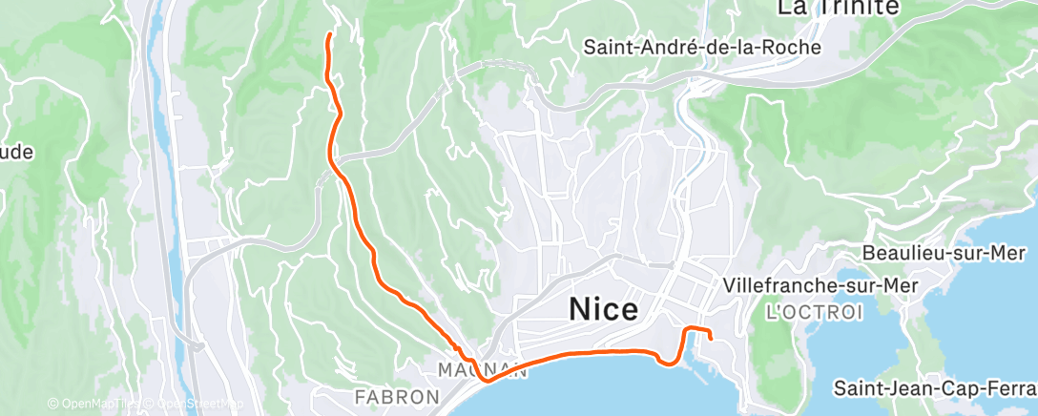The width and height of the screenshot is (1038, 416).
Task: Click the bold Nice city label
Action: (x=604, y=309)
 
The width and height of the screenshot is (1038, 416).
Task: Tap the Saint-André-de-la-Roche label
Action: (x=705, y=45)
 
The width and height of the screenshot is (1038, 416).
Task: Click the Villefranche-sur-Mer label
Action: (x=820, y=285)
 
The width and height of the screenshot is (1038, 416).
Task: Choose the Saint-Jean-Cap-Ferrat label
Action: (x=934, y=388)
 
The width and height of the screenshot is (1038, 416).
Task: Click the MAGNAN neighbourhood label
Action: (x=482, y=369)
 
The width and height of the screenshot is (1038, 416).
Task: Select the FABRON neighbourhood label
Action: (x=397, y=396)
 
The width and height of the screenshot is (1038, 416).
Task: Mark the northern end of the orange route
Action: (x=329, y=35)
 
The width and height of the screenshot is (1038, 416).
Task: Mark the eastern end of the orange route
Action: (x=712, y=338)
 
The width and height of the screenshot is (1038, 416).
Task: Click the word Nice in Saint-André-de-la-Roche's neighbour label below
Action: (x=604, y=309)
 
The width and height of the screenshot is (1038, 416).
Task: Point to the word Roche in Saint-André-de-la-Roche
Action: (x=798, y=45)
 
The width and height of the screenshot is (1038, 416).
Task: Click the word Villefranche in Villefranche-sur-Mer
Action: (x=778, y=285)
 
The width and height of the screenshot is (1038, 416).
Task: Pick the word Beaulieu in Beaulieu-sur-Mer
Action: (x=900, y=253)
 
